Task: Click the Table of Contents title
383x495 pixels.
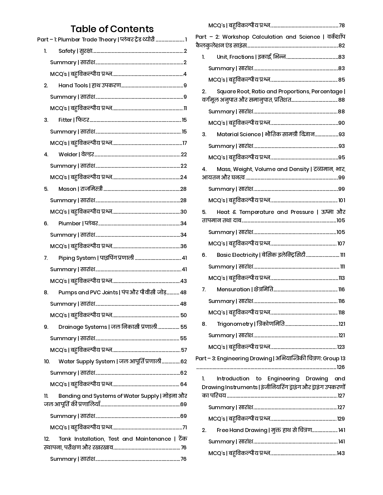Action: point(112,29)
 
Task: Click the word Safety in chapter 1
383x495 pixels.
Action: point(67,51)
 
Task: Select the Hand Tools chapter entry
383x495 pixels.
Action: point(73,85)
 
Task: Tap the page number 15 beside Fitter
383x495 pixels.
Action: point(184,120)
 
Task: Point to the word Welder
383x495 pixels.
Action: point(68,154)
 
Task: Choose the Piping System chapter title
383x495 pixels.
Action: point(77,258)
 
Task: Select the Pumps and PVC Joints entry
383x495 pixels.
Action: point(88,292)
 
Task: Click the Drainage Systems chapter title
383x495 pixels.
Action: point(83,327)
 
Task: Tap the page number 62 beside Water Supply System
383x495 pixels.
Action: point(184,361)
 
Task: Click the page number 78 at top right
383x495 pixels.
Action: point(342,25)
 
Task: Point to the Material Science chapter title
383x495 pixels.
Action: point(239,134)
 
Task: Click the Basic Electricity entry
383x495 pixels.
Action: point(237,255)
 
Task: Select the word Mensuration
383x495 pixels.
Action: point(233,289)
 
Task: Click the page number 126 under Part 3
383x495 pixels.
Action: point(341,367)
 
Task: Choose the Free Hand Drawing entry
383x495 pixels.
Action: point(242,430)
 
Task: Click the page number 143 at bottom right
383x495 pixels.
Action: point(341,453)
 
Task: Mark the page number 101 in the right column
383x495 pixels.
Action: point(342,200)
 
